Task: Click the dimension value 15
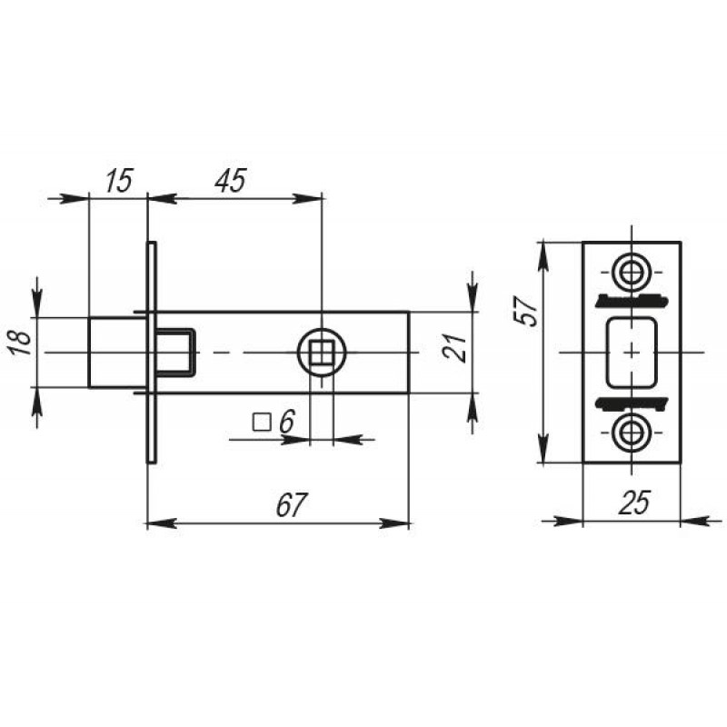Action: pyautogui.click(x=119, y=180)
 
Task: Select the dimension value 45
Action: pyautogui.click(x=230, y=180)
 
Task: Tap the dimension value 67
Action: pyautogui.click(x=292, y=504)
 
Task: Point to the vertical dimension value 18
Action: pyautogui.click(x=21, y=342)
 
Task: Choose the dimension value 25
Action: pyautogui.click(x=634, y=503)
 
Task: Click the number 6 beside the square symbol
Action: pyautogui.click(x=287, y=422)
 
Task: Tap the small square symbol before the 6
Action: pyautogui.click(x=262, y=423)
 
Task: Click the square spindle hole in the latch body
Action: pyautogui.click(x=322, y=353)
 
